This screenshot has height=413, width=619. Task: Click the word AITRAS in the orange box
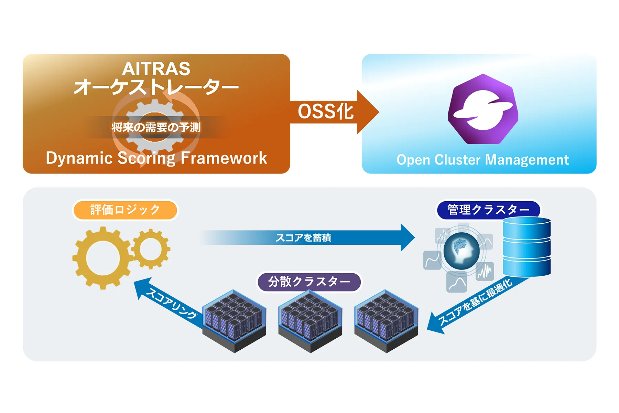[156, 69]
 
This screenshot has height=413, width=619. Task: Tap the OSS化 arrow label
[325, 112]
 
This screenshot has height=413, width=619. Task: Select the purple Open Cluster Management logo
[483, 109]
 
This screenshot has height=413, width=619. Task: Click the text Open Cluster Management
[482, 160]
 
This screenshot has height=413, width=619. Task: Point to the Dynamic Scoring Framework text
[156, 158]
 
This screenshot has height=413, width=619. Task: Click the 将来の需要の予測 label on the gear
[156, 127]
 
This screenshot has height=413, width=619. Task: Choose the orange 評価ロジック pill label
[125, 210]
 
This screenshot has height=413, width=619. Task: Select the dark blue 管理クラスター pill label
[488, 210]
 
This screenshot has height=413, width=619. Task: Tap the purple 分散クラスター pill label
[309, 282]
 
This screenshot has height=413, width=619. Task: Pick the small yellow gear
[151, 249]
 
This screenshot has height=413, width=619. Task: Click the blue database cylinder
[526, 247]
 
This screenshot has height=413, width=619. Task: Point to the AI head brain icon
[461, 251]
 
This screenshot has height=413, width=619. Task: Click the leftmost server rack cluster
[235, 321]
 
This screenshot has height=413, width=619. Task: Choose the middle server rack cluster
[310, 321]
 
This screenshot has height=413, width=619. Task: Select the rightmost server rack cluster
[386, 321]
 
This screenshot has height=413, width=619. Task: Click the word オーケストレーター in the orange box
[156, 87]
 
